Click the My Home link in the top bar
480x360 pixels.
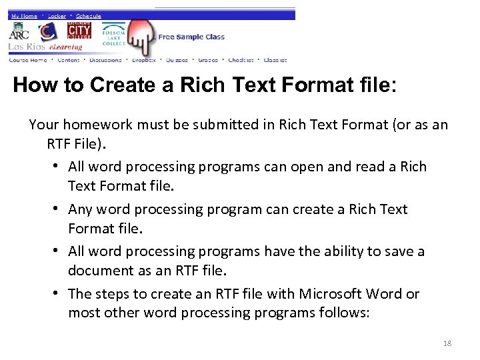point(24,15)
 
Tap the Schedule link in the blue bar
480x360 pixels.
point(88,15)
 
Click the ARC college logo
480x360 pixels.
point(18,33)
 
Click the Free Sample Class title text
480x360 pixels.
point(191,37)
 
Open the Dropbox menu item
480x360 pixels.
point(143,60)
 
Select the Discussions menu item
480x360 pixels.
point(105,60)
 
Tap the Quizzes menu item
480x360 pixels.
point(177,60)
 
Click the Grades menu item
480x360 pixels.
point(207,60)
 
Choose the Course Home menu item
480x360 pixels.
point(28,60)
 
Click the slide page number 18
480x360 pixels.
point(447,343)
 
